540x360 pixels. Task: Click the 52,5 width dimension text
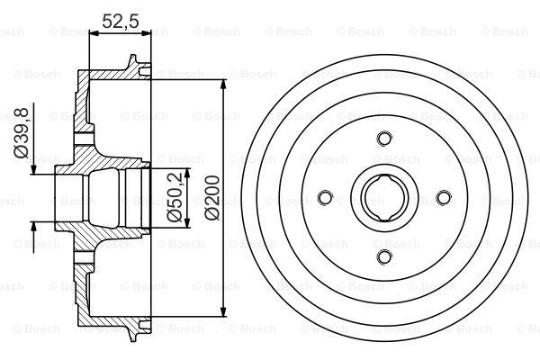(121, 22)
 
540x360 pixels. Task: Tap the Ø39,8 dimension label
(21, 132)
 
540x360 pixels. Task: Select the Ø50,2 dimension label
(175, 197)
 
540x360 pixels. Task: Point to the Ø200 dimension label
(211, 197)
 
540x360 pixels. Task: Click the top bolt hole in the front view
(384, 139)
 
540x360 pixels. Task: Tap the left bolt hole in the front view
(325, 198)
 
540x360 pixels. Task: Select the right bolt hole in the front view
(444, 198)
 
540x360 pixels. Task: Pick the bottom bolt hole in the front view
(384, 257)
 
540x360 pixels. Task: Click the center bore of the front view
(384, 198)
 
